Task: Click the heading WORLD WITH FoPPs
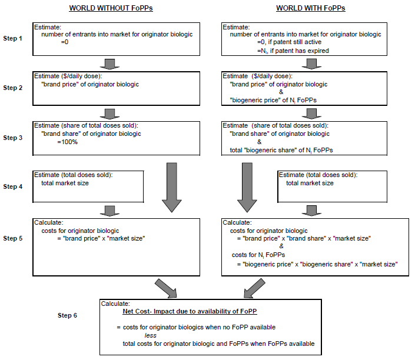[x=311, y=8]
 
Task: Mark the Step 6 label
[x=83, y=315]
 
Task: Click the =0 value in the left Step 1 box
[x=65, y=42]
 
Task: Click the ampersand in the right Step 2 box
[x=281, y=92]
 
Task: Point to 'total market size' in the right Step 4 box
[x=310, y=183]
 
